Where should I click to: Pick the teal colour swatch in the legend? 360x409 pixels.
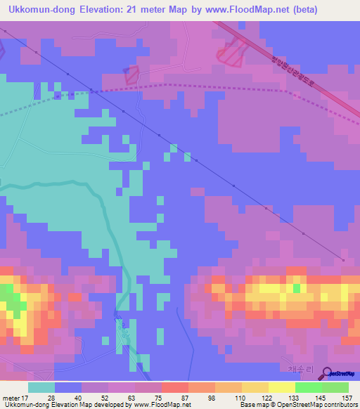point(41,387)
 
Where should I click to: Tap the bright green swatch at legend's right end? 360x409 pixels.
point(335,387)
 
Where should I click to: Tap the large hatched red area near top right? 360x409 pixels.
point(233,51)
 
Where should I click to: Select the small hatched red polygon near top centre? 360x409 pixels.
point(131,75)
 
